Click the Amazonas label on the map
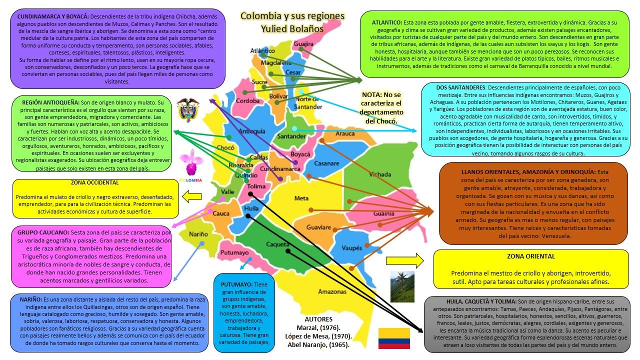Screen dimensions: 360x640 tap(332, 291)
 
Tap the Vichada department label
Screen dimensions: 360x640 tap(380, 174)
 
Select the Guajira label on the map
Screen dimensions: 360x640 tap(303, 44)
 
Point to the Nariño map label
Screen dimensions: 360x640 tap(198, 234)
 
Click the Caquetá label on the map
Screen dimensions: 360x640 tap(277, 244)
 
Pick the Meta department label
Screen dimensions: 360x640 tap(301, 198)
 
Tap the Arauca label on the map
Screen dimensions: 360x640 tap(345, 134)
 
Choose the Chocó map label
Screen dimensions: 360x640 tap(225, 148)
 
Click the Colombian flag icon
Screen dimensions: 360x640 tap(393, 338)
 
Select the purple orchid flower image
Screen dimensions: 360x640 tap(190, 161)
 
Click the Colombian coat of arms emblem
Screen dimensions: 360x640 tap(187, 110)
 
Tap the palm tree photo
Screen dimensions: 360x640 tap(402, 286)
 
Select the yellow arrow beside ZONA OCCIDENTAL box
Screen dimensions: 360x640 tap(192, 197)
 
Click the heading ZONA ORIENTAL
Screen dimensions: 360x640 tap(530, 256)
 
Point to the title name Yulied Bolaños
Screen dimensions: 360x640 tap(292, 29)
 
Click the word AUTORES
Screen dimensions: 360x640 tap(318, 319)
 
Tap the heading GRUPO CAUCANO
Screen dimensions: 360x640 tap(43, 233)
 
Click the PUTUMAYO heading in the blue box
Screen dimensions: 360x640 tap(233, 284)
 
